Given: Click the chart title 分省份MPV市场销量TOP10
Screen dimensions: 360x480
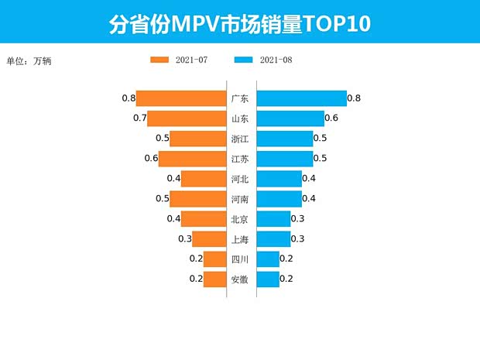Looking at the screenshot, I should [240, 24].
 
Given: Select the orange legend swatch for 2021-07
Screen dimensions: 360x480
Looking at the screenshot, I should [159, 60].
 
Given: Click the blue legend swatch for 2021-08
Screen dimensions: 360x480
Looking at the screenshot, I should [242, 60].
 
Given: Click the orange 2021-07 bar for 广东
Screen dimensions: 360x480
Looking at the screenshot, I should [180, 98].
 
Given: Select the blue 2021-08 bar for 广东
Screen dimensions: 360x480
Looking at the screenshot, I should [301, 98].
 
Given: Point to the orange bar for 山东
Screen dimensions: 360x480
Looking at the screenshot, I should [186, 118].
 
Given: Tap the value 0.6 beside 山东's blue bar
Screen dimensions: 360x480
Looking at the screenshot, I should [331, 118].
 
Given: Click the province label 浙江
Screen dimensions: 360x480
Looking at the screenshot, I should [240, 139].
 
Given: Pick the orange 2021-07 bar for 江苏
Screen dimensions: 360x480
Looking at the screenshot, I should [192, 159].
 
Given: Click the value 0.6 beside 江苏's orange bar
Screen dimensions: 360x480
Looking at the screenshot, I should [151, 159].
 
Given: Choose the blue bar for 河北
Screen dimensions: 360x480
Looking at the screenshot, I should [279, 179].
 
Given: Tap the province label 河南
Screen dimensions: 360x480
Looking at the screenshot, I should [240, 199].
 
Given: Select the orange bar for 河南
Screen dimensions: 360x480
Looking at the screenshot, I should [197, 199].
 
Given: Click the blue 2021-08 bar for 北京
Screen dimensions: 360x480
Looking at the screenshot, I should [273, 219].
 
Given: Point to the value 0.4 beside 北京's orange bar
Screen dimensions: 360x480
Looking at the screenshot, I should [173, 219].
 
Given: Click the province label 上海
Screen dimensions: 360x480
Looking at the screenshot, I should [240, 239].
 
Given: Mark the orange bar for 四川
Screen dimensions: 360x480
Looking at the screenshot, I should [214, 259].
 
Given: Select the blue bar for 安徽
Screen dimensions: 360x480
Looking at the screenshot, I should [268, 279].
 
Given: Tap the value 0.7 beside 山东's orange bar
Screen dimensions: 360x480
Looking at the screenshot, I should [139, 118].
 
